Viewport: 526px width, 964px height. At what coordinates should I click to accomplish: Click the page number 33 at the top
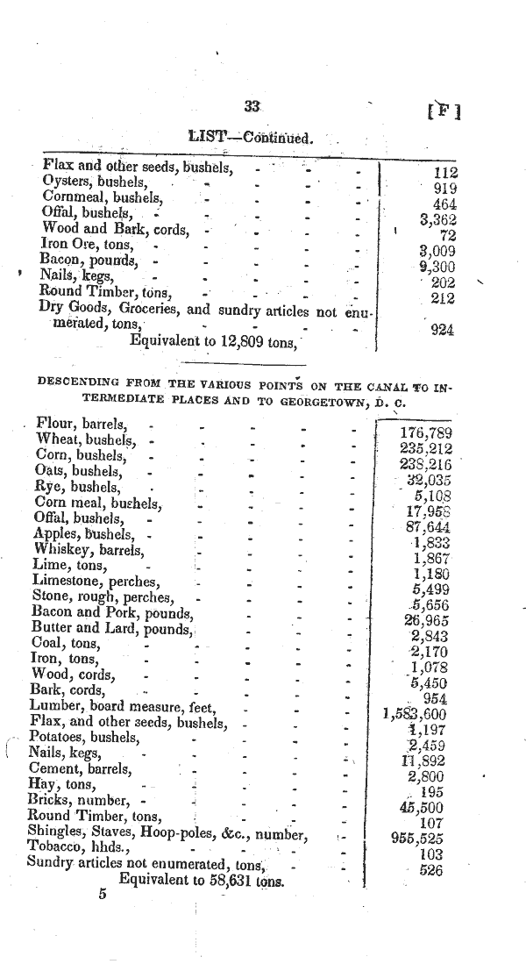252,106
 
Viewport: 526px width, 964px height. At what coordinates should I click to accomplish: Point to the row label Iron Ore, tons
88,245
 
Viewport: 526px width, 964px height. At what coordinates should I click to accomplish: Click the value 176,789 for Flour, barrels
426,433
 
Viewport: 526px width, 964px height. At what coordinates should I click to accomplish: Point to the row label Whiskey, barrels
88,550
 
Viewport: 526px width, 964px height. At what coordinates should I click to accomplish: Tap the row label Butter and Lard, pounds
111,627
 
